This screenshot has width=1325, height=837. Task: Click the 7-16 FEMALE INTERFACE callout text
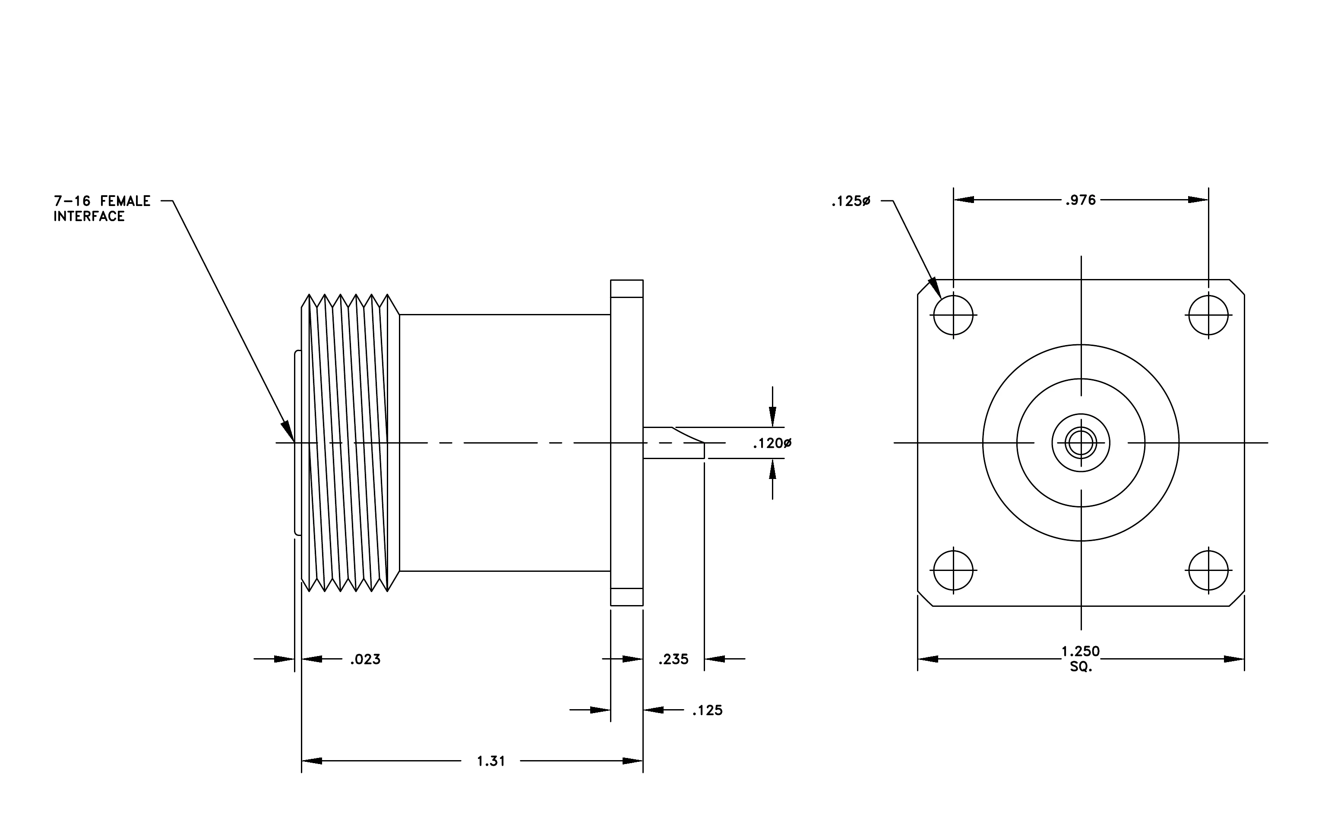[102, 209]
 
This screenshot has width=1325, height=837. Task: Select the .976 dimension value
[1081, 200]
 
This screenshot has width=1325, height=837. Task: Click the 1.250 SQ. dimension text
[1081, 659]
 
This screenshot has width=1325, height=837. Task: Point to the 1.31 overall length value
[491, 761]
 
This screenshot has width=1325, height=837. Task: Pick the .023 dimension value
[365, 659]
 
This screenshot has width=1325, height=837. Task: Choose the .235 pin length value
[674, 659]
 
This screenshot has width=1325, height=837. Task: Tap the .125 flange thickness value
[708, 710]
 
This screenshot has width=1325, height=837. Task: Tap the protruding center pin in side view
[674, 443]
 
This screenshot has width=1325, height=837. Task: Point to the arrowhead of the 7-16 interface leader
[288, 431]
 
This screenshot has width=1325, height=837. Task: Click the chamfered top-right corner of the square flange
[1237, 287]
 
